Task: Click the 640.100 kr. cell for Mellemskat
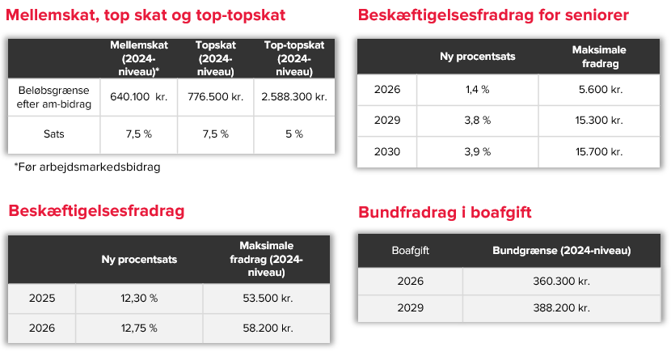pyautogui.click(x=139, y=97)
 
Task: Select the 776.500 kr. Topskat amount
pyautogui.click(x=216, y=97)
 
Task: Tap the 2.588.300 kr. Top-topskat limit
pyautogui.click(x=294, y=97)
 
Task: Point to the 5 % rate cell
pyautogui.click(x=294, y=134)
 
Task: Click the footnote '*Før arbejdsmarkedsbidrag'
pyautogui.click(x=87, y=167)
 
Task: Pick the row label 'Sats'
pyautogui.click(x=54, y=134)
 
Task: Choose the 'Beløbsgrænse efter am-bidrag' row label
pyautogui.click(x=54, y=97)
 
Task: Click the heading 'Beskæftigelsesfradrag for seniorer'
pyautogui.click(x=493, y=15)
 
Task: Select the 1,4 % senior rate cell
pyautogui.click(x=478, y=90)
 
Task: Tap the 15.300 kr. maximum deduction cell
pyautogui.click(x=599, y=121)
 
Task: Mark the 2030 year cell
pyautogui.click(x=387, y=152)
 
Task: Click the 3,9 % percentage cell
pyautogui.click(x=478, y=152)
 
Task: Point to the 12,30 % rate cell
pyautogui.click(x=139, y=299)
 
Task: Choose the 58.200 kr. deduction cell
pyautogui.click(x=268, y=328)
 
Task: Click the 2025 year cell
pyautogui.click(x=42, y=299)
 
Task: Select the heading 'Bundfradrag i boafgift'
pyautogui.click(x=445, y=212)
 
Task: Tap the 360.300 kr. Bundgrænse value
pyautogui.click(x=561, y=282)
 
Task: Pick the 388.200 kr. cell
pyautogui.click(x=561, y=307)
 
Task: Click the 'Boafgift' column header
pyautogui.click(x=411, y=251)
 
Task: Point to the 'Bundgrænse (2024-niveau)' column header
pyautogui.click(x=561, y=251)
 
